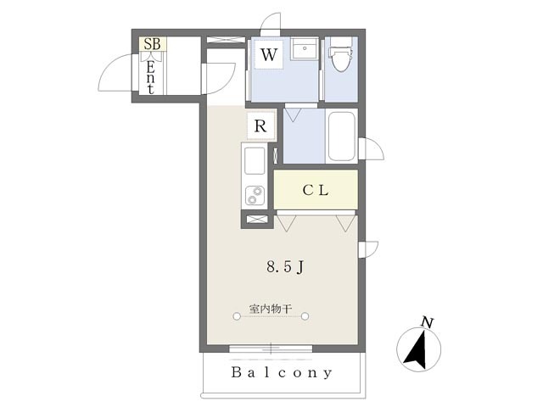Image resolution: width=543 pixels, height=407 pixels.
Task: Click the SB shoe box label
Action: point(154,44)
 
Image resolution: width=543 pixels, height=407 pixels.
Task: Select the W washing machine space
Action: point(269,57)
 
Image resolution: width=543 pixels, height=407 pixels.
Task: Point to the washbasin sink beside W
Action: point(303,49)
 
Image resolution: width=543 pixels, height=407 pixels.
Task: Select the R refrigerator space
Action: point(261,126)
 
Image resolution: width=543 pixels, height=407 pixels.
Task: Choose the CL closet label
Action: point(316,190)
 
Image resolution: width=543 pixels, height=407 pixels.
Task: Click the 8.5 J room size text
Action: point(285,267)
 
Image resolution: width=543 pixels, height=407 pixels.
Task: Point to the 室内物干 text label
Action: point(271,309)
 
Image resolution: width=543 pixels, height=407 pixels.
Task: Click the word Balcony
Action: point(281,373)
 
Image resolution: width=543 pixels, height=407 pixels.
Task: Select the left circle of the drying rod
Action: point(235,316)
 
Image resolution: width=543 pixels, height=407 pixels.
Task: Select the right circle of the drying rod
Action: point(306,316)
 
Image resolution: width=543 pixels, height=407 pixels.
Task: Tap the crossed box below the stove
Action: point(256,220)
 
